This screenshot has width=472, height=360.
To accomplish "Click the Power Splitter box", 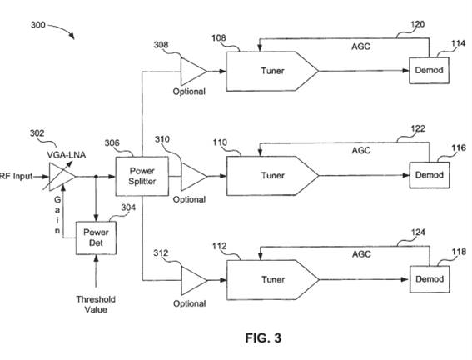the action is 142,176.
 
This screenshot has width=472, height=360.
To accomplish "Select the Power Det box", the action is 96,237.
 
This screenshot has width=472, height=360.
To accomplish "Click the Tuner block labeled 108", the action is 272,71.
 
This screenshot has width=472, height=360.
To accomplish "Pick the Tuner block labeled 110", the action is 272,176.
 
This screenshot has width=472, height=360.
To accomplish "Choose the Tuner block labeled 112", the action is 272,280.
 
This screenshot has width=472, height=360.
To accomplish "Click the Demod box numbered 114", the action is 429,71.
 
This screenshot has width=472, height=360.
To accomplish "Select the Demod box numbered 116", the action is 430,175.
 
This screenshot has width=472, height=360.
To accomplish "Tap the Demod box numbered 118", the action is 430,279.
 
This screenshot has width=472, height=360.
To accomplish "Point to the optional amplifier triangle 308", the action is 193,72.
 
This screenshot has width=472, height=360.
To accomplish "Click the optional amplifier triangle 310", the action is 193,177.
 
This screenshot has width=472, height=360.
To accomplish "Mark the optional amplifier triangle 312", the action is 194,281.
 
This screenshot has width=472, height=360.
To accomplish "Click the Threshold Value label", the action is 96,304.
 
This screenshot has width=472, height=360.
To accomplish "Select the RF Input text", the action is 16,176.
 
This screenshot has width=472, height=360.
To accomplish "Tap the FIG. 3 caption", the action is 263,338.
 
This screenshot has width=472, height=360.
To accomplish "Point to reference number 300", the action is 38,25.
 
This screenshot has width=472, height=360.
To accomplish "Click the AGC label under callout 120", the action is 361,47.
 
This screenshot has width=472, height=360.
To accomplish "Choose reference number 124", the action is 418,232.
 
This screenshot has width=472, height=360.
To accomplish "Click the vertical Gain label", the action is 57,215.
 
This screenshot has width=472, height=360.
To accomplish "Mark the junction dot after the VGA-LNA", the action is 96,177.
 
